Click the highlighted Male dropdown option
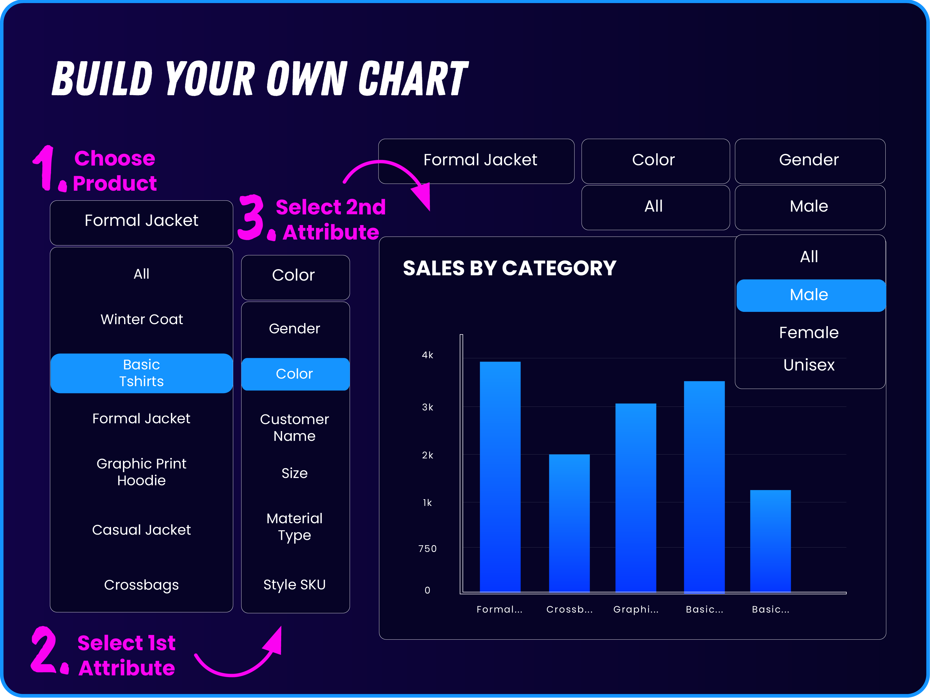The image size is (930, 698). click(809, 295)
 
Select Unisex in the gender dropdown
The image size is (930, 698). click(809, 365)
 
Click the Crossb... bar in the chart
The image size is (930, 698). click(569, 523)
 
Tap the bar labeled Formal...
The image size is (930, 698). click(500, 477)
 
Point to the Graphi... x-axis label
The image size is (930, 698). click(636, 609)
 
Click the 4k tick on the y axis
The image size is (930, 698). click(428, 355)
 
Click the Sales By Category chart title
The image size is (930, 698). click(510, 268)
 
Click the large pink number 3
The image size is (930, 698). click(251, 217)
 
